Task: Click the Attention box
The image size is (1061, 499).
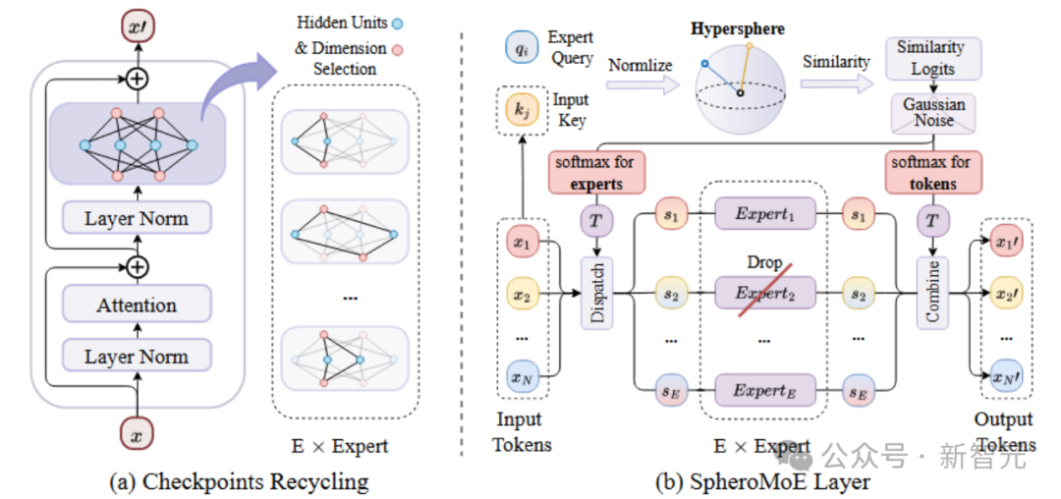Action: coord(137,305)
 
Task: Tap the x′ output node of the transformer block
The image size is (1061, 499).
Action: coord(138,28)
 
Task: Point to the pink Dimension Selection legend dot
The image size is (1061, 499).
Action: coord(399,49)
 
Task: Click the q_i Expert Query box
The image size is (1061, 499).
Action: coord(521,49)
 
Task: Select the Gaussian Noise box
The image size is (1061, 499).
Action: coord(933,112)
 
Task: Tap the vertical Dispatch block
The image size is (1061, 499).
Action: coord(597,293)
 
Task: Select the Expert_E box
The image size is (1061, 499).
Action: coord(764,389)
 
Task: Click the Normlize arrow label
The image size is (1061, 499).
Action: coord(641,66)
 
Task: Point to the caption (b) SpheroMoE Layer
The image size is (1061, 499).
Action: coord(762,482)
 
